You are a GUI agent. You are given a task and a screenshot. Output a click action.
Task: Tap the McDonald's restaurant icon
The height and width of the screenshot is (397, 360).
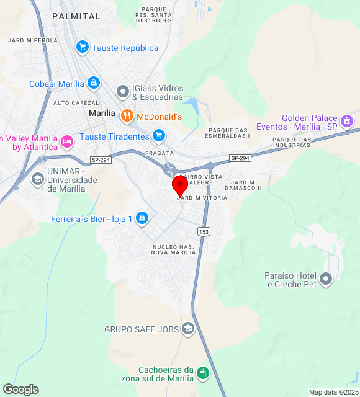point(127,116)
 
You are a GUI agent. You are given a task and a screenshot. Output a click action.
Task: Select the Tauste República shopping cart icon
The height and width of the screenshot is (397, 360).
point(82,47)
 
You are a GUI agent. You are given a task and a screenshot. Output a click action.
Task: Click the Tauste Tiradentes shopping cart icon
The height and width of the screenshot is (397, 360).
point(159,136)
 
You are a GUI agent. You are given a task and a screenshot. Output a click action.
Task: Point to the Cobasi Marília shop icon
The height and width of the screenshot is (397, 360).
point(93,83)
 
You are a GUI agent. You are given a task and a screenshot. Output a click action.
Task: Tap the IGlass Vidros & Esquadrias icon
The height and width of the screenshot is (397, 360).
point(122,92)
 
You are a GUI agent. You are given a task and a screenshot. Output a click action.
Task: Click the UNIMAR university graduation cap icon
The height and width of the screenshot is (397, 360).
point(37,179)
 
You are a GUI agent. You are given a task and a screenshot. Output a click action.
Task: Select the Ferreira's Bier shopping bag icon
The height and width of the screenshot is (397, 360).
point(142,218)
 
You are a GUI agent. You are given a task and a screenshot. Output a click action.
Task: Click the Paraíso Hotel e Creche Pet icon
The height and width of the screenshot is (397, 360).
point(327,279)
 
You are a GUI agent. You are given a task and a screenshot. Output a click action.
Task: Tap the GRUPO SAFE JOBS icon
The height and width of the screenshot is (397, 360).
point(188,329)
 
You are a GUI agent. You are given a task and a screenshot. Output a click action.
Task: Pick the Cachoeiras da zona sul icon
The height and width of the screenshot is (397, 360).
point(203,373)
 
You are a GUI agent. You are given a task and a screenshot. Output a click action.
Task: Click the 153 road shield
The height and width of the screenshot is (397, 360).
point(204,231)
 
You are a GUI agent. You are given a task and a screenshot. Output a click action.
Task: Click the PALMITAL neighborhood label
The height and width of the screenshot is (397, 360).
point(71,16)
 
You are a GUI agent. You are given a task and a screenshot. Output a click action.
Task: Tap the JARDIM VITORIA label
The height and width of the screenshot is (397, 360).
point(202,197)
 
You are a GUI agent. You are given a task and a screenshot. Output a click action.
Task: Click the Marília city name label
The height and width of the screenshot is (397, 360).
point(102,114)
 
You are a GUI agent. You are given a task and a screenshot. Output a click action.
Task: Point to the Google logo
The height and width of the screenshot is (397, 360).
point(20,390)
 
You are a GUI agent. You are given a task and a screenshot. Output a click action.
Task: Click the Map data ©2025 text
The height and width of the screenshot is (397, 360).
point(333,392)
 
